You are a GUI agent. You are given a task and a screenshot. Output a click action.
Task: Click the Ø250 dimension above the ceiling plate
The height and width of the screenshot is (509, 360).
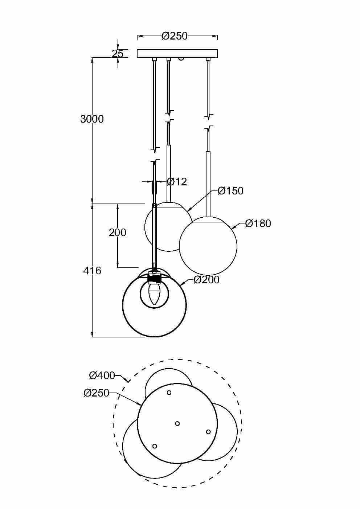175,36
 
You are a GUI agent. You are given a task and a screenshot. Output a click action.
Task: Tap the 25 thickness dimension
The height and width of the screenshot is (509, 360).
117,54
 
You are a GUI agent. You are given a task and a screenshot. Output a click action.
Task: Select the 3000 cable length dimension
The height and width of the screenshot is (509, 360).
92,119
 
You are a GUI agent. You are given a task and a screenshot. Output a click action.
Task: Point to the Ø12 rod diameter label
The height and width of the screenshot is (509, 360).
176,181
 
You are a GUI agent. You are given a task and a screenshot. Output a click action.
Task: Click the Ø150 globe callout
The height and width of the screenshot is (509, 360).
230,191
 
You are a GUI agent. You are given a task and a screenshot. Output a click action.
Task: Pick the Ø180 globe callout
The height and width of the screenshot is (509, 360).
258,223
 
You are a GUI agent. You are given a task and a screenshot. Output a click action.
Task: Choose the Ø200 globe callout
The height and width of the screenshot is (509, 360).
206,279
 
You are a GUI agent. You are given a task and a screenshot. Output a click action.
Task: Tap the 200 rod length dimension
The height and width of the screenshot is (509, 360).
117,232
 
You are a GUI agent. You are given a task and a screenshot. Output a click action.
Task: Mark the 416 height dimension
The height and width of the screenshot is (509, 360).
92,270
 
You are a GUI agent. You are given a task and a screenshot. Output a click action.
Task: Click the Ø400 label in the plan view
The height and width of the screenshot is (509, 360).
102,375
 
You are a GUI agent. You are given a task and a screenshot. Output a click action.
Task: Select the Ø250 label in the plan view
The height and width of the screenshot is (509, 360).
96,393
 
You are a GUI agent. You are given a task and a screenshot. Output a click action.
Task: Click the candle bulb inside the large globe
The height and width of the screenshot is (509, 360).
154,294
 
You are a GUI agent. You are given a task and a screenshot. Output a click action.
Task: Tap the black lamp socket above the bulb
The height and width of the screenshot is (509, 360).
154,279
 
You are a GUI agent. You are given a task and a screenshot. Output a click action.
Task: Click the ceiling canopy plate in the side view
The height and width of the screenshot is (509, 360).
177,54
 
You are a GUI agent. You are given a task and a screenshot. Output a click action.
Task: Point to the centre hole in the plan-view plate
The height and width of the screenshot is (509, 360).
177,423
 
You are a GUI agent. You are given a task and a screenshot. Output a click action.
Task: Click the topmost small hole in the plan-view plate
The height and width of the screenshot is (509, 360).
169,393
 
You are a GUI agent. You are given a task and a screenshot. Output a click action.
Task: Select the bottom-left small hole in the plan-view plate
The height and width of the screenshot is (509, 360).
155,446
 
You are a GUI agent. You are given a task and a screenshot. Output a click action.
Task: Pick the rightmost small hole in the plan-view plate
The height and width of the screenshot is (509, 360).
208,432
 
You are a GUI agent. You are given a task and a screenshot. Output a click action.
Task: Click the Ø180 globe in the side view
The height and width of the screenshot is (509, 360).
208,246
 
